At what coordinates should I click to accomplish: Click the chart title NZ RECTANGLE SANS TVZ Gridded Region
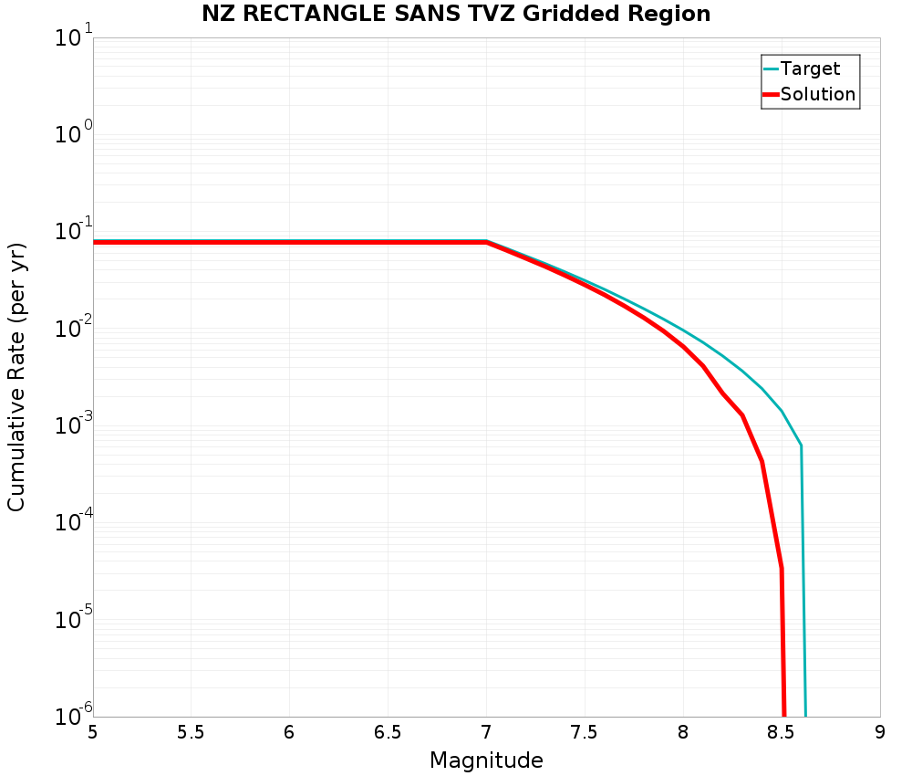[x=456, y=14]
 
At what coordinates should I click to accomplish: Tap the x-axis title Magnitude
[x=486, y=760]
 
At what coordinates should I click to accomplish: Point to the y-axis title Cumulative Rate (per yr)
[x=16, y=376]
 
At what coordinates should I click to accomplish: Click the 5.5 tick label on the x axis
[x=191, y=731]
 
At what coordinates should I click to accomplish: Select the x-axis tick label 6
[x=289, y=731]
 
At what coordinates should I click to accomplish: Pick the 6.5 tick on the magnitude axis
[x=388, y=731]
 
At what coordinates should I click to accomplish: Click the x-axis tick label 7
[x=486, y=731]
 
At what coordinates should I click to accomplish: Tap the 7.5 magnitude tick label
[x=585, y=731]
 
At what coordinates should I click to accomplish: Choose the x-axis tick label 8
[x=683, y=731]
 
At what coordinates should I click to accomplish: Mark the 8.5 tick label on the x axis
[x=782, y=731]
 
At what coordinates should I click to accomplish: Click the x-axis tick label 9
[x=880, y=731]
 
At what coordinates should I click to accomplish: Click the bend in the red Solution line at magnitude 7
[x=486, y=243]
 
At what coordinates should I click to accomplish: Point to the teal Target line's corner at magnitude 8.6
[x=801, y=446]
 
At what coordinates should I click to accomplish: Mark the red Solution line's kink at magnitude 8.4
[x=762, y=461]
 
